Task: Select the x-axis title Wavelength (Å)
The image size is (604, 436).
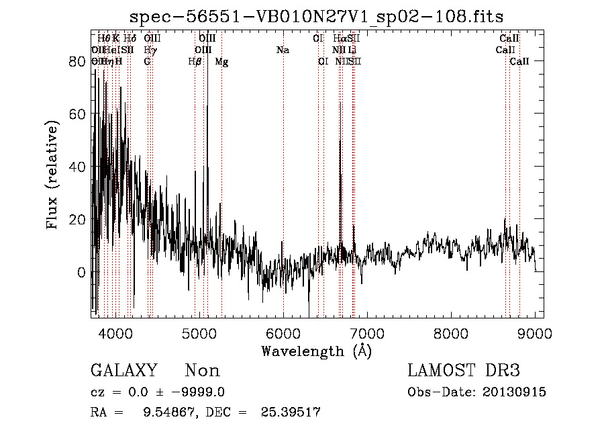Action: [x=316, y=351]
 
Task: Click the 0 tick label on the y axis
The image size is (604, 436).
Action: [x=81, y=272]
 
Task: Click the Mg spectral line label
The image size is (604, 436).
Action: [x=221, y=62]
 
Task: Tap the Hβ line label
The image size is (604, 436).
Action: [x=195, y=62]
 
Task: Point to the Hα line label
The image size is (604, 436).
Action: [x=340, y=39]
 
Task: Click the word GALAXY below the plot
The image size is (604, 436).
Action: [x=124, y=371]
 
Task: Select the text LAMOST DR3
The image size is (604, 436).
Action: [x=464, y=371]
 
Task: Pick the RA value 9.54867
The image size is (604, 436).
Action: [x=167, y=412]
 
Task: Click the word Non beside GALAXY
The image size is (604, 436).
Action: [x=202, y=371]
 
